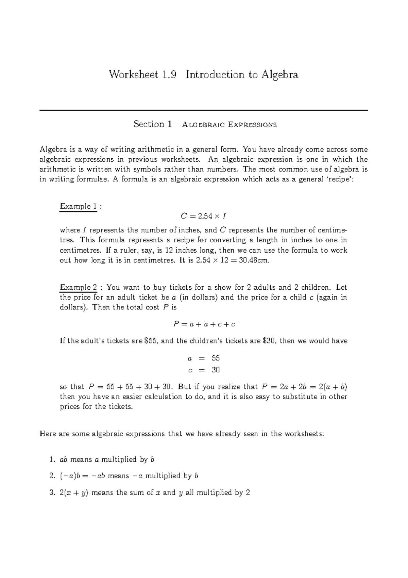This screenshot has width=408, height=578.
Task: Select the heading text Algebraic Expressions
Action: pos(229,125)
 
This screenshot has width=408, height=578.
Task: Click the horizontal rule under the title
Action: pos(204,110)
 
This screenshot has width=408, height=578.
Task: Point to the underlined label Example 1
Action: pos(78,207)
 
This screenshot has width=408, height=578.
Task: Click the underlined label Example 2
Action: pos(78,287)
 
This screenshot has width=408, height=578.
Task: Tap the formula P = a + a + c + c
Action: pos(204,324)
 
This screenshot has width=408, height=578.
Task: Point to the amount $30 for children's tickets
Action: pos(270,341)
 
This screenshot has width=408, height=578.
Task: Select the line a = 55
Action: pos(204,358)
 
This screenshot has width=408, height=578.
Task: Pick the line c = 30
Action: pos(204,370)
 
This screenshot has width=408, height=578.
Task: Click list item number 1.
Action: pos(52,460)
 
